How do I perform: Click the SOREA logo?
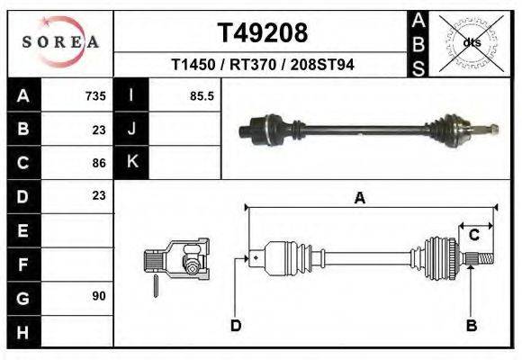(60, 41)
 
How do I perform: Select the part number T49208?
(263, 33)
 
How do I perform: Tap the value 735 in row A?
(95, 96)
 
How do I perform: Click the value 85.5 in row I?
(202, 96)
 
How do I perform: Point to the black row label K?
(131, 162)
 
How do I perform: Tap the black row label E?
(23, 230)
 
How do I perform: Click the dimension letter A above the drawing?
(359, 199)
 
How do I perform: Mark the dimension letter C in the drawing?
(473, 235)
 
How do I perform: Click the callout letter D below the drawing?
(236, 325)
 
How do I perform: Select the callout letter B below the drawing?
(470, 325)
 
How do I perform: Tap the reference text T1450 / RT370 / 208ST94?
(263, 66)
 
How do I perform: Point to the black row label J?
(131, 129)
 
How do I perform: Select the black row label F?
(23, 264)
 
